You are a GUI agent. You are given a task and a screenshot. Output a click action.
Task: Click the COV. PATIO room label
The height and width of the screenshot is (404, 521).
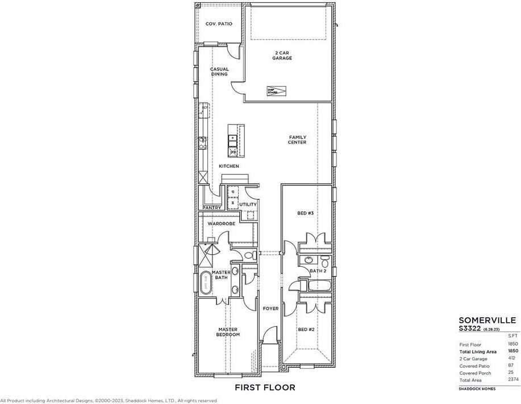coord(219,24)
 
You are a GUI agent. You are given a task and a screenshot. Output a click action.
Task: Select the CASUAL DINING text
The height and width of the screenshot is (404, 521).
coord(219,71)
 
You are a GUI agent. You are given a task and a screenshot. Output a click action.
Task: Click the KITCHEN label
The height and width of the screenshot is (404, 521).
coord(229,166)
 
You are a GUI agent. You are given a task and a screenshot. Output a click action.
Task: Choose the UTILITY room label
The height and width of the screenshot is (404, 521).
coord(248,204)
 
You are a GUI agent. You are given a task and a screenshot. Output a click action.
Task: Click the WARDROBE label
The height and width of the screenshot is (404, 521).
coord(221,224)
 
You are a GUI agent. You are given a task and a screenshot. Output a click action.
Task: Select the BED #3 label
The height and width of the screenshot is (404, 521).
coord(306,213)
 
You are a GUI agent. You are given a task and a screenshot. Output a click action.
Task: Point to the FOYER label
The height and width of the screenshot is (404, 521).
coord(270,309)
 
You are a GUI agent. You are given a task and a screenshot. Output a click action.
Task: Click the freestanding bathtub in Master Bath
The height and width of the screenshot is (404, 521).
coord(205,283)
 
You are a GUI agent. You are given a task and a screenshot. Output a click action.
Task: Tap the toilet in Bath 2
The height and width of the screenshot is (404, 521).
coord(324,263)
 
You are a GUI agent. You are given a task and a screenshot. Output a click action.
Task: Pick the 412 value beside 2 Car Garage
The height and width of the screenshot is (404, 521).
coord(512,359)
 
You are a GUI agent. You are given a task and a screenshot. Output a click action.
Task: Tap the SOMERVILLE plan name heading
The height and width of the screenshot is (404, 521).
coord(487,320)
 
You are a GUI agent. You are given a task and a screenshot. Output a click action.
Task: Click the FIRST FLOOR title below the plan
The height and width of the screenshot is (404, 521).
coord(265,388)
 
